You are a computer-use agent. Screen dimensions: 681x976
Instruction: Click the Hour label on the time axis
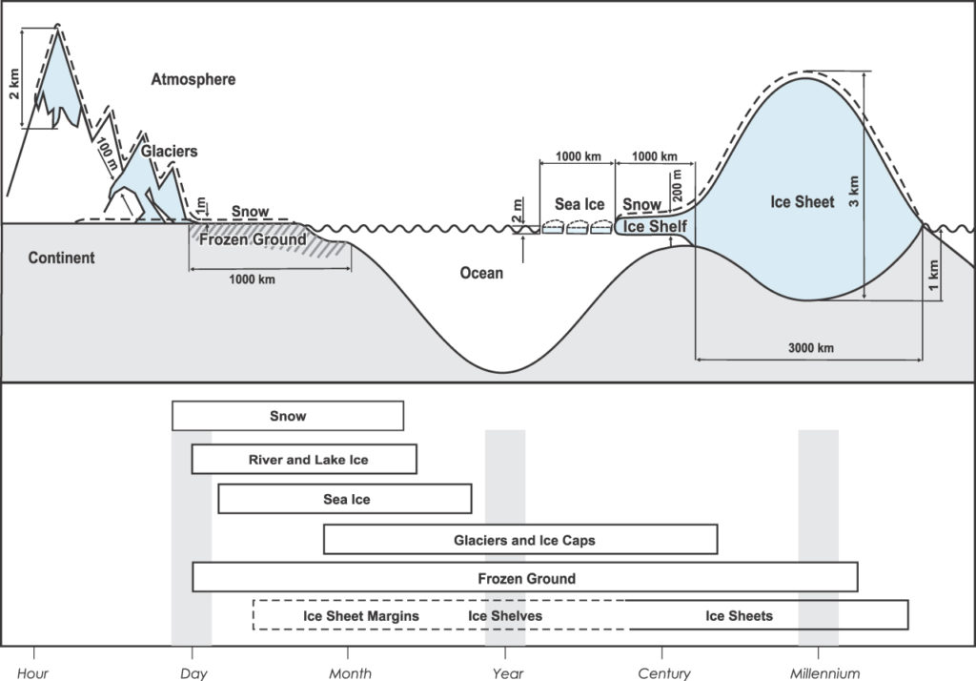tap(33, 673)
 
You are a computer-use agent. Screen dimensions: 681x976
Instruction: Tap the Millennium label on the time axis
tap(825, 673)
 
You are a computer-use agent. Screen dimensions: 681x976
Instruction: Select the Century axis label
tap(664, 673)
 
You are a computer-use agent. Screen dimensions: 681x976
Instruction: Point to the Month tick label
tap(350, 673)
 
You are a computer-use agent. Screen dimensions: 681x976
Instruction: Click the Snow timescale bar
tap(288, 416)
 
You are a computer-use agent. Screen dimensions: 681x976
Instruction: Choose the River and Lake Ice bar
tap(304, 460)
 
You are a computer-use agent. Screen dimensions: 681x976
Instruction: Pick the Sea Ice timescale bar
tap(345, 499)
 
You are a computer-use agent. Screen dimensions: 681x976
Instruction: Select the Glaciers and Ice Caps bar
tap(520, 540)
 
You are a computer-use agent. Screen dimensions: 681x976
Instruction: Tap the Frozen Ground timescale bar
tap(525, 578)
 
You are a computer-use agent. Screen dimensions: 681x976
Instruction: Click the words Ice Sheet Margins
tap(361, 616)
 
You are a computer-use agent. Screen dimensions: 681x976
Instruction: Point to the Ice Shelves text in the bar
tap(505, 616)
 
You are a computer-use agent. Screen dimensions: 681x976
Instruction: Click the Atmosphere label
tap(193, 79)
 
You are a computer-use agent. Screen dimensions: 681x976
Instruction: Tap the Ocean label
tap(481, 274)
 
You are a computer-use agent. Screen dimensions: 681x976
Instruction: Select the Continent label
tap(62, 258)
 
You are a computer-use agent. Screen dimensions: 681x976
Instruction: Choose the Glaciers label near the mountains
tap(170, 151)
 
